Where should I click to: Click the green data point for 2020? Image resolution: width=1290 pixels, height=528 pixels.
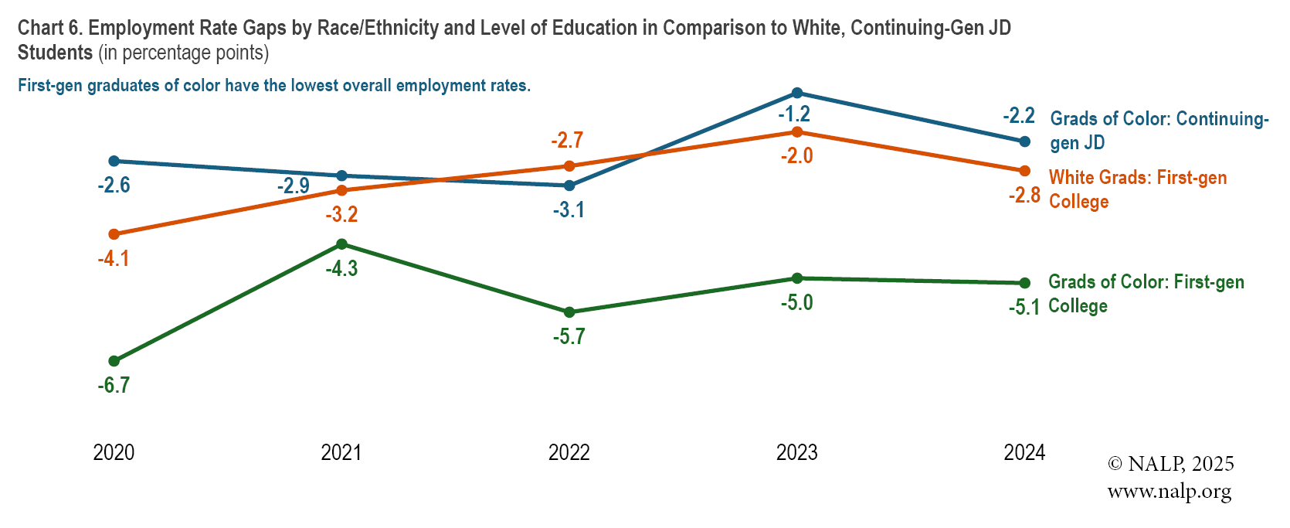[114, 361]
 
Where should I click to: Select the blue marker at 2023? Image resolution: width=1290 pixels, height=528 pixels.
[797, 93]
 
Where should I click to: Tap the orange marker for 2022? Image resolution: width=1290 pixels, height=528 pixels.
[569, 166]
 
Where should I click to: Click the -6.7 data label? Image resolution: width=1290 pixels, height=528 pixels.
[114, 385]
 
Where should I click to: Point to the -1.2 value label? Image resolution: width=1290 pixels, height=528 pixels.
[794, 114]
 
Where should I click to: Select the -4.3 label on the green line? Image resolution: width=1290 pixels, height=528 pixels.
[341, 269]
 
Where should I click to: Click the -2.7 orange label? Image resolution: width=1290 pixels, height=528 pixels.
[567, 141]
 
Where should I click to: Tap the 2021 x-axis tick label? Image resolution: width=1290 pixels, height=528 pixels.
[341, 452]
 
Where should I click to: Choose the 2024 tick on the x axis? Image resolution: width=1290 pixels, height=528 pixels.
[1024, 452]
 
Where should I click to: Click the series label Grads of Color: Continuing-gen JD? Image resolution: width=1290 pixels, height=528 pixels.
[1159, 130]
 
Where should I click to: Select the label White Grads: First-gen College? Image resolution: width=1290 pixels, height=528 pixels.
[1137, 189]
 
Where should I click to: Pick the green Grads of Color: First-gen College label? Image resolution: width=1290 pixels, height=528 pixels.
[1146, 293]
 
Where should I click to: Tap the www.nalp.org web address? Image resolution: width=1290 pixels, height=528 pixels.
[1169, 492]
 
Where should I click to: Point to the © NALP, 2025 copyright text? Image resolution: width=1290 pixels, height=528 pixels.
[1170, 464]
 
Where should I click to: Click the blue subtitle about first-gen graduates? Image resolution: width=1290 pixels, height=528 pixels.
[274, 86]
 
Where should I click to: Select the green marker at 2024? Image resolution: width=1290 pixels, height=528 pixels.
[1025, 283]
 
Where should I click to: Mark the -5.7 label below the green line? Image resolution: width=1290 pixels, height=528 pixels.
[569, 337]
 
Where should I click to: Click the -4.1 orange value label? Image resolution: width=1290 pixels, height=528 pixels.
[114, 259]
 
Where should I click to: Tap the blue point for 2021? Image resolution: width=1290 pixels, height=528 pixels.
[342, 176]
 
